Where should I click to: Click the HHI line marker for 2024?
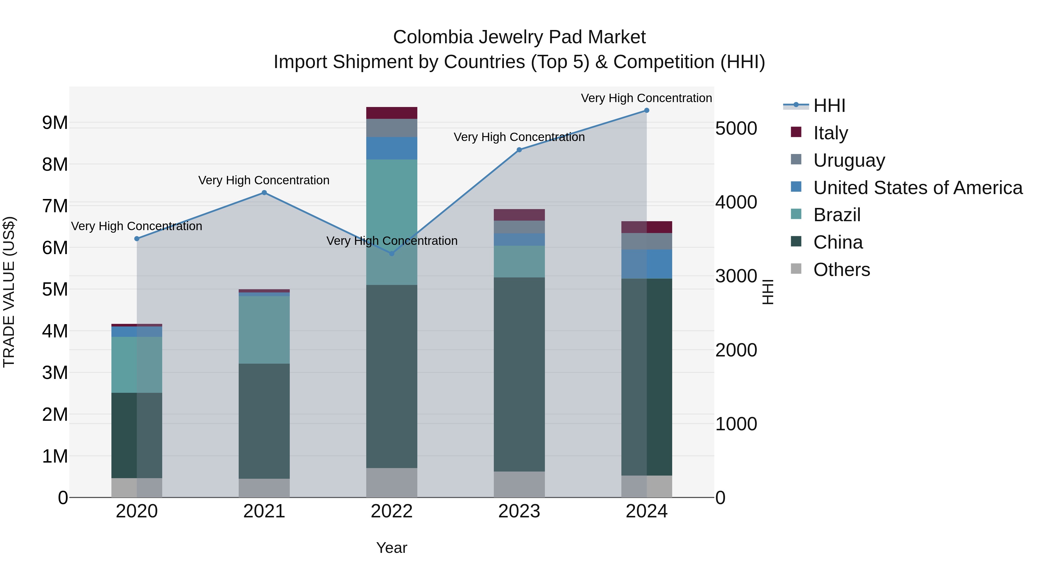click(x=646, y=110)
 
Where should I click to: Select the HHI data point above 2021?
click(x=264, y=193)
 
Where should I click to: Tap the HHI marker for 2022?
click(x=391, y=253)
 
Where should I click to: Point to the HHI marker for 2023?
click(x=519, y=150)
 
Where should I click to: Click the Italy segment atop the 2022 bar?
click(x=391, y=113)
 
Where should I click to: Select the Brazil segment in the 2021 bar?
click(x=264, y=330)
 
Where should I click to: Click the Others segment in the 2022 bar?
click(x=391, y=482)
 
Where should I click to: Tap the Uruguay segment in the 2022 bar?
click(x=391, y=128)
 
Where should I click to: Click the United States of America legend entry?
click(x=917, y=188)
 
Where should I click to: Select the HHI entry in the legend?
click(x=829, y=106)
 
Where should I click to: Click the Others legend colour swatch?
click(x=796, y=269)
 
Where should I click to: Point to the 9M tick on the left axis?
click(x=55, y=123)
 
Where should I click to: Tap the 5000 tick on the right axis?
click(x=736, y=129)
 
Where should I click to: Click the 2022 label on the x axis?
click(x=391, y=511)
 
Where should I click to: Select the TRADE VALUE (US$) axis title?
click(x=9, y=292)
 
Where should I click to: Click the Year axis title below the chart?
click(x=391, y=548)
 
